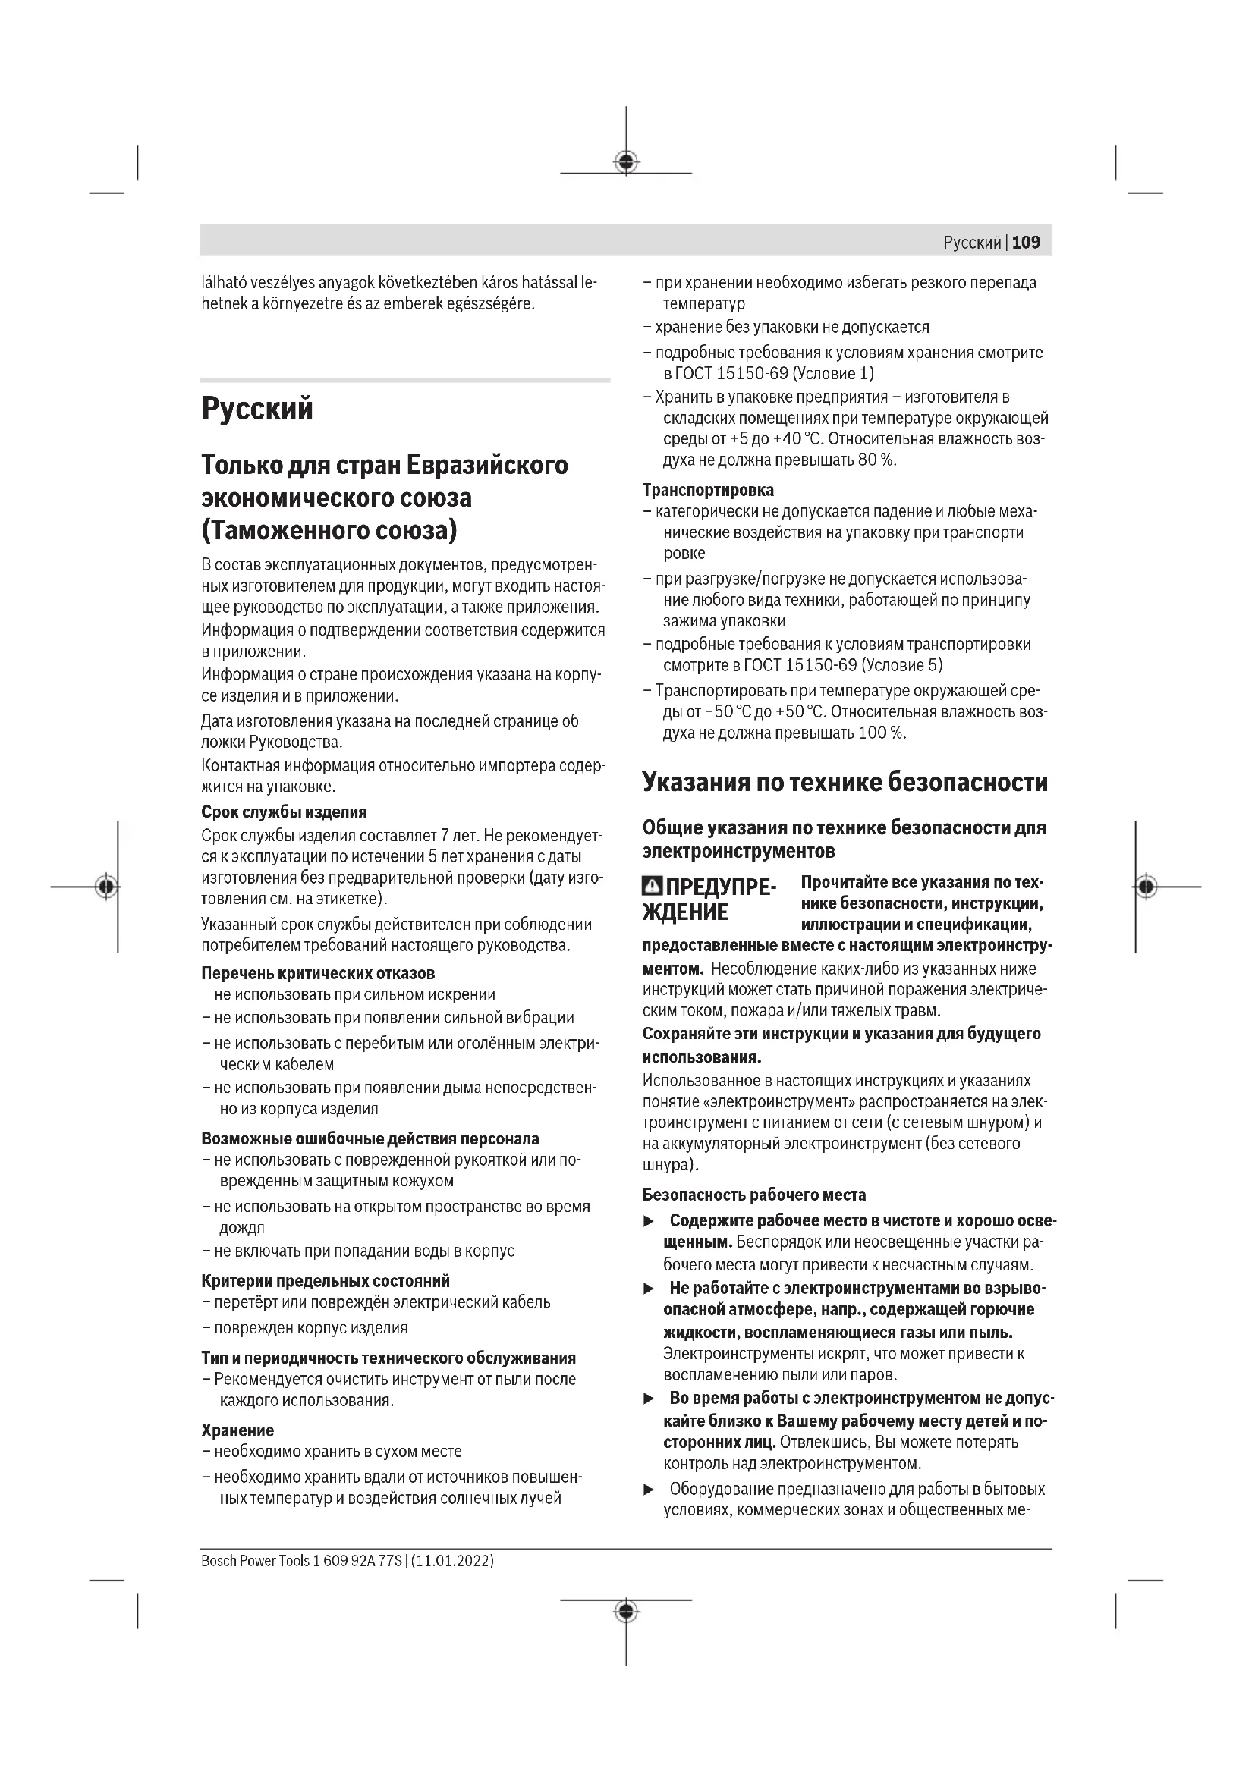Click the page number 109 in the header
click(1026, 243)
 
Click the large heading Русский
click(257, 409)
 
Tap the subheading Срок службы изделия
click(284, 812)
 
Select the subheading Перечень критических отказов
click(318, 974)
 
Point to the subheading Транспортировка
click(708, 490)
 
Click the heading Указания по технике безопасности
click(845, 783)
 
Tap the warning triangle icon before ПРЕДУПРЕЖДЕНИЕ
click(653, 886)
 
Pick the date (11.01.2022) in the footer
click(453, 1561)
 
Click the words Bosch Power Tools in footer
click(255, 1561)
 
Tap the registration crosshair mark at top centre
click(626, 162)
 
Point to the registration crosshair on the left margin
click(107, 886)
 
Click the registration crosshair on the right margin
click(1146, 886)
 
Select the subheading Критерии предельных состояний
click(326, 1281)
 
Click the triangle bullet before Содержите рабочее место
click(650, 1222)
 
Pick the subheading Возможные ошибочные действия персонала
click(370, 1139)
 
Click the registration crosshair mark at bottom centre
click(626, 1611)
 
